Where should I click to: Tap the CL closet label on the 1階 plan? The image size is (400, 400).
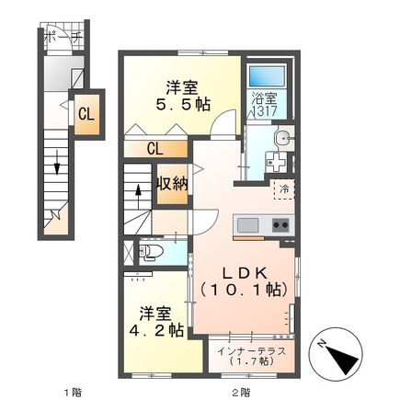pos(85,115)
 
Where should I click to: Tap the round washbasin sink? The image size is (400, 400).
pos(282,140)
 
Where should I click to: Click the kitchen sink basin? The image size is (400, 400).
pos(248,225)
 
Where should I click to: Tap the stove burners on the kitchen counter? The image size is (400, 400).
pos(280,225)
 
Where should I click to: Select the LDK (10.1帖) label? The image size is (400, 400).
pos(243,281)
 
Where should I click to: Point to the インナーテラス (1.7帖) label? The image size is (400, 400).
pos(251,357)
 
